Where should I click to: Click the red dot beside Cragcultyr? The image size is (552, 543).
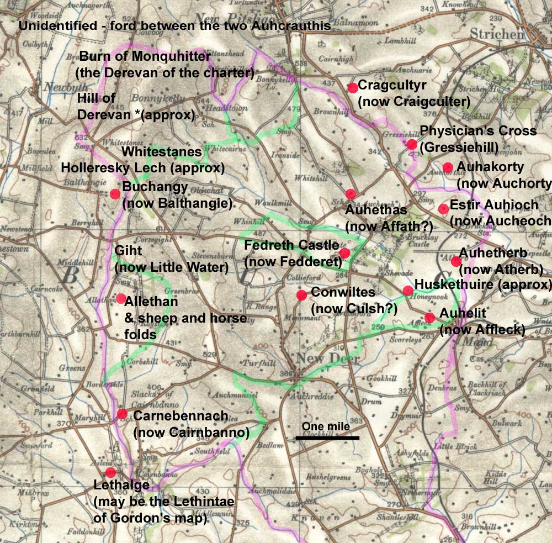(x=353, y=88)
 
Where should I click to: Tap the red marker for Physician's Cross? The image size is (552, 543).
(x=412, y=144)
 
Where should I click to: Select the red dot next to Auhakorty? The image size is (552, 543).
(x=448, y=167)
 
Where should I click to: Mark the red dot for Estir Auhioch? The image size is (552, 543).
(x=443, y=208)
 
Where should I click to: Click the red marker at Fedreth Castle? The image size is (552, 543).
(x=344, y=253)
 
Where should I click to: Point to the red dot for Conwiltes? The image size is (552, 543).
(x=301, y=295)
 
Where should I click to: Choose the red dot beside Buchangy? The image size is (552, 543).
(x=115, y=194)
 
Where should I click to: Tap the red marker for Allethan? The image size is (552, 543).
(x=121, y=298)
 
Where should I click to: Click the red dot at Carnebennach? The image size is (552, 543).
(x=122, y=414)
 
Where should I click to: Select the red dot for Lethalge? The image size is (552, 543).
(x=110, y=472)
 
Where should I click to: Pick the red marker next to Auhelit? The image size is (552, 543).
(x=429, y=318)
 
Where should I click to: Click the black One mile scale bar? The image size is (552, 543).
(x=327, y=438)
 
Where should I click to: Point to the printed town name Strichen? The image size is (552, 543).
(x=496, y=34)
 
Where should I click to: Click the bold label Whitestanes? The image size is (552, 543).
(x=161, y=151)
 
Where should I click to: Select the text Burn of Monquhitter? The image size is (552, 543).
(x=146, y=56)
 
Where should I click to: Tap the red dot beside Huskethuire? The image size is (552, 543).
(x=408, y=291)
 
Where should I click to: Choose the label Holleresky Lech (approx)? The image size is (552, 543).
(x=143, y=167)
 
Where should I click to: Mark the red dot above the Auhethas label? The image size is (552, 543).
(x=351, y=194)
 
